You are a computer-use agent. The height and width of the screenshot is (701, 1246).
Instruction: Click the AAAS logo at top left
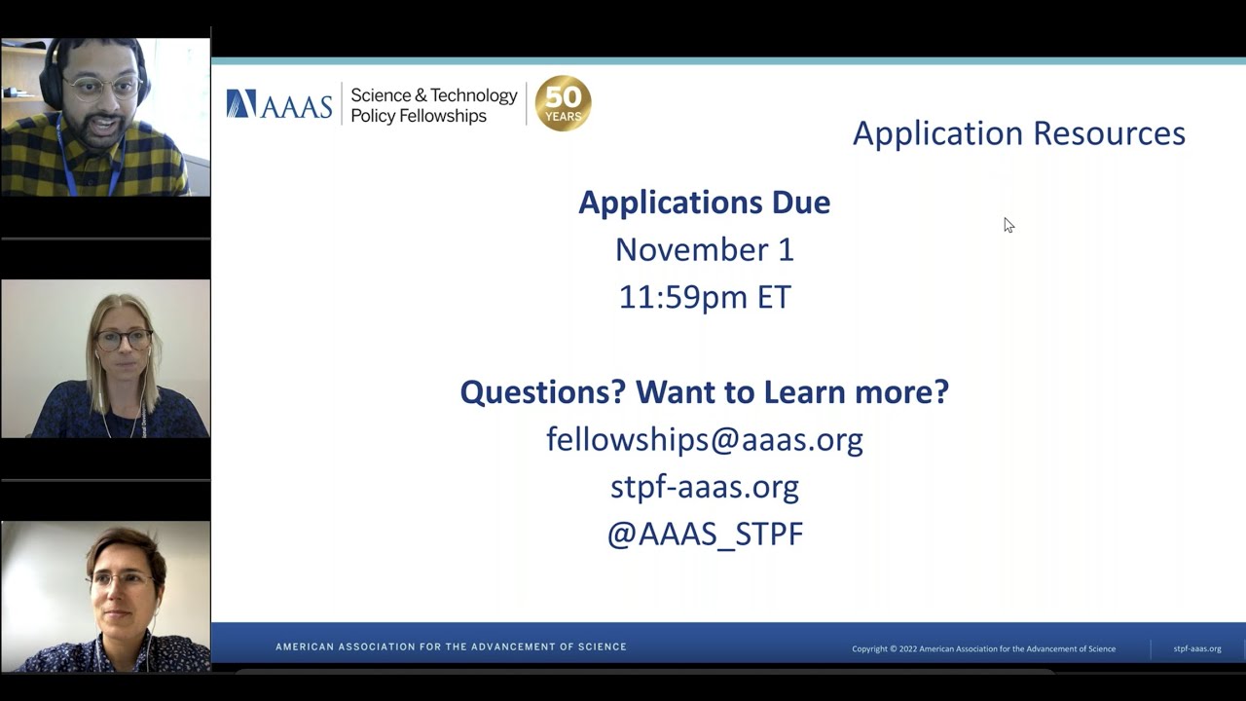coord(279,104)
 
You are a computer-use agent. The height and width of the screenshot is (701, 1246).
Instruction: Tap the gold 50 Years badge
coord(563,103)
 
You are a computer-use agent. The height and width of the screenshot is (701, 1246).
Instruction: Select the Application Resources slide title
coord(1018,133)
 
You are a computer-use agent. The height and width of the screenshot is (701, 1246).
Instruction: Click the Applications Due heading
coord(704,203)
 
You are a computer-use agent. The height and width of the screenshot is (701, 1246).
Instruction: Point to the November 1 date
coord(704,250)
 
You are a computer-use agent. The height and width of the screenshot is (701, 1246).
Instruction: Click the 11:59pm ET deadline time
coord(704,297)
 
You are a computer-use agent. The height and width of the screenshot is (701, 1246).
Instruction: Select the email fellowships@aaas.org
coord(704,439)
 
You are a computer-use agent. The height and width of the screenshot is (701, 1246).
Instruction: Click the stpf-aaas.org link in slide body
coord(704,487)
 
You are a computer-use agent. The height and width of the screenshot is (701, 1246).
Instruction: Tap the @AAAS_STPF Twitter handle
coord(704,535)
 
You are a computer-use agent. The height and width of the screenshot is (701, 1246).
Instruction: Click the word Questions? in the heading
coord(543,391)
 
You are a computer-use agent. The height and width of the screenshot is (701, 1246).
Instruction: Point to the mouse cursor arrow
coord(1008,224)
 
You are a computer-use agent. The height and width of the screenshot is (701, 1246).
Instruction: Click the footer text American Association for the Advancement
coord(451,646)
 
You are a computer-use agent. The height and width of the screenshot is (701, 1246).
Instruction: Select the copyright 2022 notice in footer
coord(983,648)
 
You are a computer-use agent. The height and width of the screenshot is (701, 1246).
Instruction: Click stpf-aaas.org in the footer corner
coord(1196,648)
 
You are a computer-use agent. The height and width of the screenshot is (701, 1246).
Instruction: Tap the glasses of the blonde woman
coord(123,340)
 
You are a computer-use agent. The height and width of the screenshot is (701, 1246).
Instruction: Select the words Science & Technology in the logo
coord(433,95)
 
